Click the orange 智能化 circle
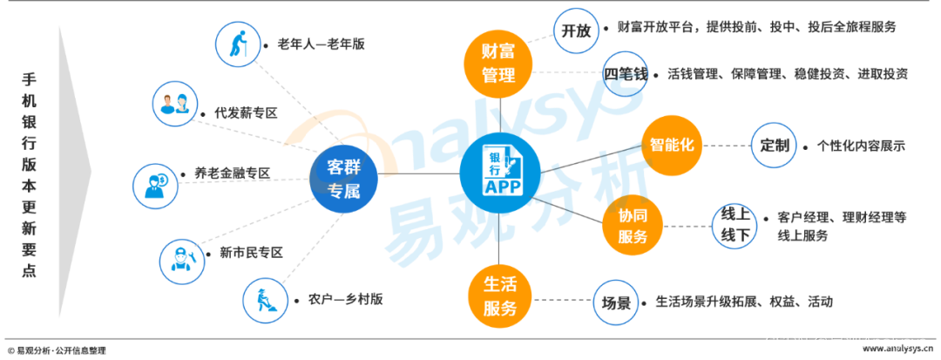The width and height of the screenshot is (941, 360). click(x=672, y=145)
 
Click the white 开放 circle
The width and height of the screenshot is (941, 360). click(x=577, y=31)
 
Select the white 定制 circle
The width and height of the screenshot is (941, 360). click(x=775, y=145)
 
